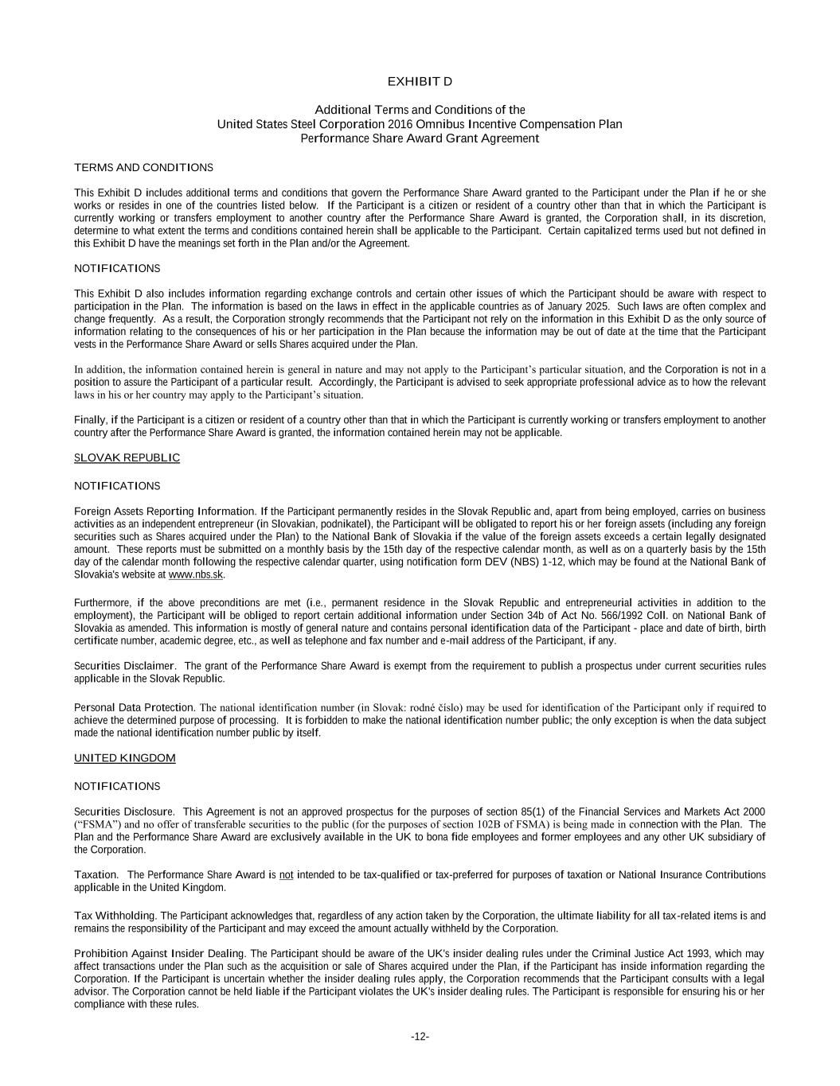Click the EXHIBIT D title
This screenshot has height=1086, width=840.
[420, 82]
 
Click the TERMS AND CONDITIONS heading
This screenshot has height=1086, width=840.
[143, 167]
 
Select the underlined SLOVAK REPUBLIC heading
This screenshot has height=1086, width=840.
[127, 457]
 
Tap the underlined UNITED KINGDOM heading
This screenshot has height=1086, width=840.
[124, 757]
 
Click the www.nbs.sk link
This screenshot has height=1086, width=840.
[196, 574]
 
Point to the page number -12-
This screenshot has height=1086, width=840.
[420, 1037]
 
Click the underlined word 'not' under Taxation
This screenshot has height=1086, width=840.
[286, 875]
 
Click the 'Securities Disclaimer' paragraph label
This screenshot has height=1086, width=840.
[123, 666]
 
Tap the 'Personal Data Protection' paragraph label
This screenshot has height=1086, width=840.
[134, 707]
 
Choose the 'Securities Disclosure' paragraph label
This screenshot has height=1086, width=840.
[123, 812]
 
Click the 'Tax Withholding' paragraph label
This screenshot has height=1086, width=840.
[114, 916]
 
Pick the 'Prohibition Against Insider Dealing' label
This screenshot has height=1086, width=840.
[159, 953]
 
